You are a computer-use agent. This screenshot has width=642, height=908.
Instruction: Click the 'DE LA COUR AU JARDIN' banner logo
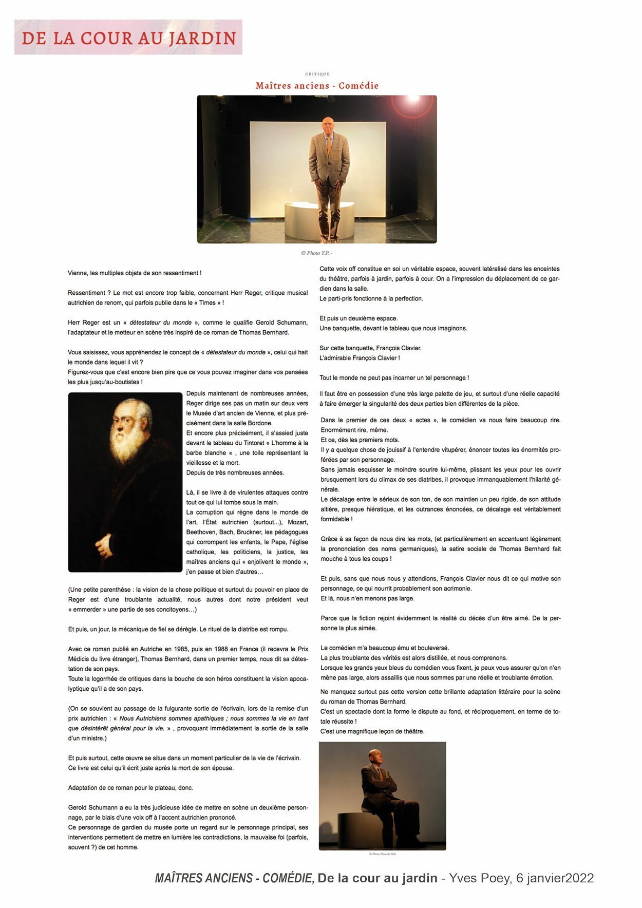click(128, 37)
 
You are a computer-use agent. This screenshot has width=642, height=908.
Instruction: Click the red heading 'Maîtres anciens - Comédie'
click(317, 86)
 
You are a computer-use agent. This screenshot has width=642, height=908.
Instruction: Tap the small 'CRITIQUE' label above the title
click(317, 74)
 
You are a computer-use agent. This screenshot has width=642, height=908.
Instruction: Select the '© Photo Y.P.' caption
click(316, 253)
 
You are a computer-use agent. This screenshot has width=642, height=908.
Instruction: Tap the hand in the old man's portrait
click(105, 545)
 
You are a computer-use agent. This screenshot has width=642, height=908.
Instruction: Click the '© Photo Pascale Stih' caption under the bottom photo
click(382, 854)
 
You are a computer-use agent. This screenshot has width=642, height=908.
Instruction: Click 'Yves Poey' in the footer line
click(480, 878)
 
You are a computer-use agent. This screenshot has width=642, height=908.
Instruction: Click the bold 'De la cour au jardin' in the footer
click(377, 878)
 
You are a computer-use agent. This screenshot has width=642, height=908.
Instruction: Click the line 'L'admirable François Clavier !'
click(360, 358)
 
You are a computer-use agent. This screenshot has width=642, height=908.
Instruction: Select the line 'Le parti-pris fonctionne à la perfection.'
click(371, 298)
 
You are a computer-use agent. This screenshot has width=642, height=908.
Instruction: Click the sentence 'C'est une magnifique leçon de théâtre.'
click(372, 731)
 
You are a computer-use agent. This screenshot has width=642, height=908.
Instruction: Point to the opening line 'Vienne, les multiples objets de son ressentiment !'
click(135, 273)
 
